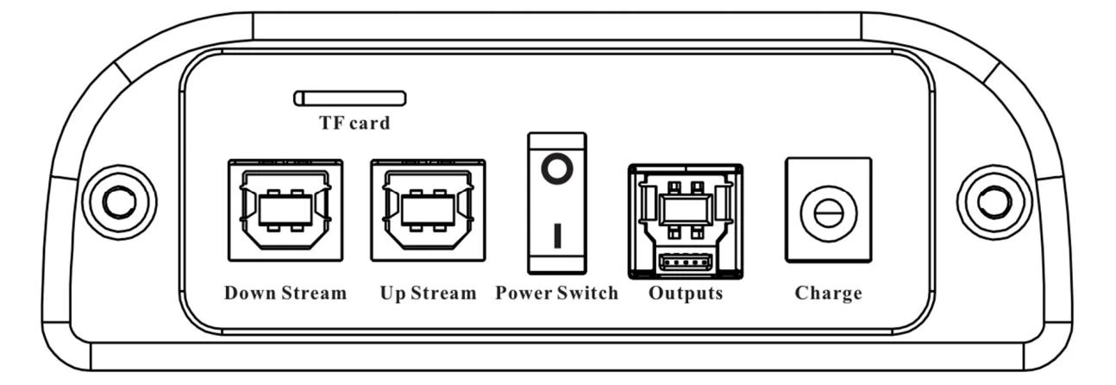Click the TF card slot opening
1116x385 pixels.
(x=350, y=98)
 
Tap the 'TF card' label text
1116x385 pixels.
(x=354, y=123)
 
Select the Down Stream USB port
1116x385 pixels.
(x=285, y=211)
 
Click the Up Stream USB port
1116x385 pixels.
(x=428, y=211)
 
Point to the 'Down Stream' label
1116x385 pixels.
(x=285, y=293)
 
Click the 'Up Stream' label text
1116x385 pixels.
(x=428, y=293)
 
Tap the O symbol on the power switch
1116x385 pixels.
(x=557, y=169)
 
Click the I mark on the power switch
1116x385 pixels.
(x=557, y=236)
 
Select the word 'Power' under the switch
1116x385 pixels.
(x=524, y=293)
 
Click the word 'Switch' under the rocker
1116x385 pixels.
(x=588, y=293)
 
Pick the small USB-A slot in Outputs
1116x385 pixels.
(x=686, y=262)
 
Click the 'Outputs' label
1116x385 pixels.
(x=686, y=293)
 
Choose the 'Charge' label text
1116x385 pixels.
(x=829, y=293)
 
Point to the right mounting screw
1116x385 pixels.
(x=994, y=202)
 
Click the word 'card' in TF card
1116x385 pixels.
(x=370, y=123)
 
